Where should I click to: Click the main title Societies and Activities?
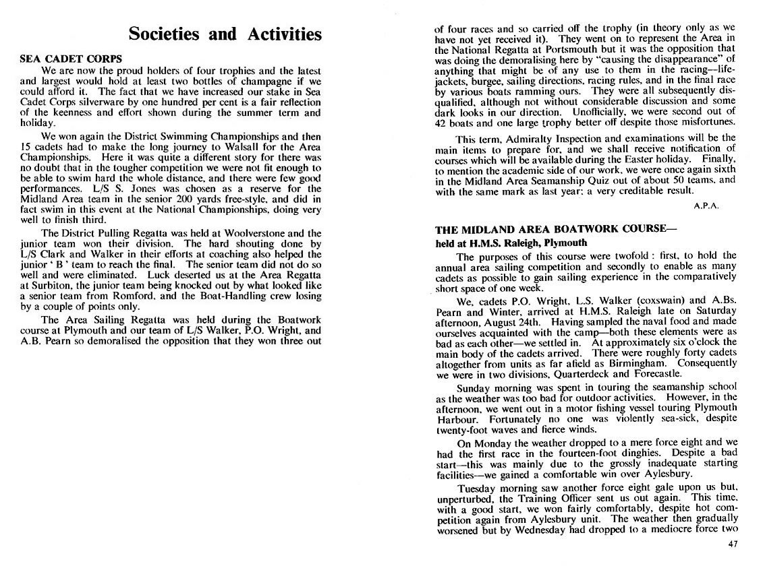225,34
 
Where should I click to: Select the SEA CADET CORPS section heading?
65,59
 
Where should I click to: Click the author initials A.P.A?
706,206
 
